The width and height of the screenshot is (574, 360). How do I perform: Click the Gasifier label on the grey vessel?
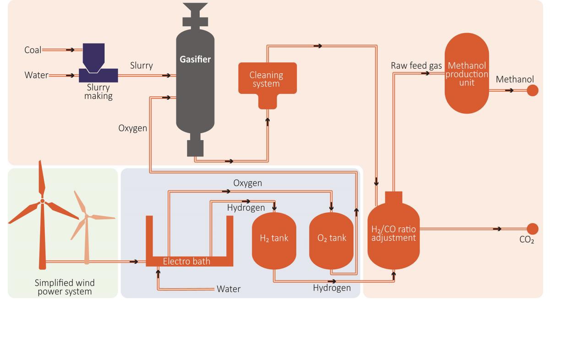pos(195,60)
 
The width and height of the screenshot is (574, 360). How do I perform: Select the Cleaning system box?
pos(267,79)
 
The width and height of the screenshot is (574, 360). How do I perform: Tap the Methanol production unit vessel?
pos(467,73)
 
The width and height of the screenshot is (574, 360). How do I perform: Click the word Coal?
pos(33,50)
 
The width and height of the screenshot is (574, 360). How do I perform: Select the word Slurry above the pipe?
pos(141,65)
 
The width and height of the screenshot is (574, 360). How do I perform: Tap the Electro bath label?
pos(186,262)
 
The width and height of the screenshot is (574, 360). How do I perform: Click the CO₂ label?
pos(527,240)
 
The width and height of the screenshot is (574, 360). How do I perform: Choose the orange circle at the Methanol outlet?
pos(532,91)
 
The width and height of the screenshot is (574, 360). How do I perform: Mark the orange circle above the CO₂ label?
pos(532,229)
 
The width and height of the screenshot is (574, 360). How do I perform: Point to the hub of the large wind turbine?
pos(42,201)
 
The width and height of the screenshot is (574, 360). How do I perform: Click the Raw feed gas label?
pos(416,66)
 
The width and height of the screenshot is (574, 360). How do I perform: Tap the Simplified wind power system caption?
pos(65,287)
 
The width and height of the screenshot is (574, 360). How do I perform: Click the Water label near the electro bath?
pos(229,289)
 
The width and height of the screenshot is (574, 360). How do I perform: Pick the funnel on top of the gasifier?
pos(195,9)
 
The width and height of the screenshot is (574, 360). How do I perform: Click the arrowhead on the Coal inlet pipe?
pos(71,50)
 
